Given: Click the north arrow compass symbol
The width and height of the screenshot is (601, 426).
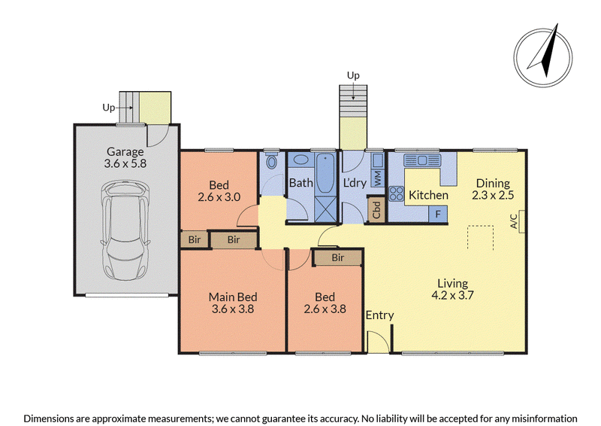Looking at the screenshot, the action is tap(542, 56).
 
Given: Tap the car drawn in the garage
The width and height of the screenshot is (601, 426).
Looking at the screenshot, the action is tap(125, 230).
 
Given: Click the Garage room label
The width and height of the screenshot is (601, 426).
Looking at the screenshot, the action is tap(125, 152).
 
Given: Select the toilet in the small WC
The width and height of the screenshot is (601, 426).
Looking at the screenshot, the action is tap(272, 161).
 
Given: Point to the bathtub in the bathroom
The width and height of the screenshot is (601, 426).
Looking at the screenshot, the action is tap(325, 173).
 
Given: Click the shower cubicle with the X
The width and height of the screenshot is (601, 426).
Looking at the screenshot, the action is tap(325, 209).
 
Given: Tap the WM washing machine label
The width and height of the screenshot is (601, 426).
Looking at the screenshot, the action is tap(378, 178).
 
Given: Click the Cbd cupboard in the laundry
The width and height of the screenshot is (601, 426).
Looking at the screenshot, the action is tap(376, 209).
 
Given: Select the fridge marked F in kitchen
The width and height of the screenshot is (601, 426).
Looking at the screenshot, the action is tap(438, 214).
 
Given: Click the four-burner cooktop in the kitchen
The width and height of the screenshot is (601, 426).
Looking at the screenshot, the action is tap(397, 193).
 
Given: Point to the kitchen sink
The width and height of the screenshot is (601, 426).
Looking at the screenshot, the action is tap(422, 160).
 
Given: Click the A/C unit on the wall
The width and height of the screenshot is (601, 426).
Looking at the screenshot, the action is tap(521, 221).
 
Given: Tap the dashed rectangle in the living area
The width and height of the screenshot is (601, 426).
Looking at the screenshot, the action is tap(480, 238).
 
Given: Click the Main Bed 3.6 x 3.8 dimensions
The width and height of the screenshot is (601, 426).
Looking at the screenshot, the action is tap(233, 309).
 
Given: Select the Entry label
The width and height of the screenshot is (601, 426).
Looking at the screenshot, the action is tap(379, 315).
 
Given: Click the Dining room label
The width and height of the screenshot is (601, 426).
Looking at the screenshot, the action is tap(493, 183).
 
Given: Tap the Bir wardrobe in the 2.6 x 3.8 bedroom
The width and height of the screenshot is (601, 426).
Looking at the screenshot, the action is tap(337, 257).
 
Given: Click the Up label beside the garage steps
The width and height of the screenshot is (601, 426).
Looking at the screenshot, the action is tap(108, 108).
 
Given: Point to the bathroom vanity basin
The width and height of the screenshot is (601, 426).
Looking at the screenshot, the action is tap(301, 160).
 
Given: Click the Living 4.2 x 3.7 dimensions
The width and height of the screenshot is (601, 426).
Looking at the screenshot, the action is tap(453, 295).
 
